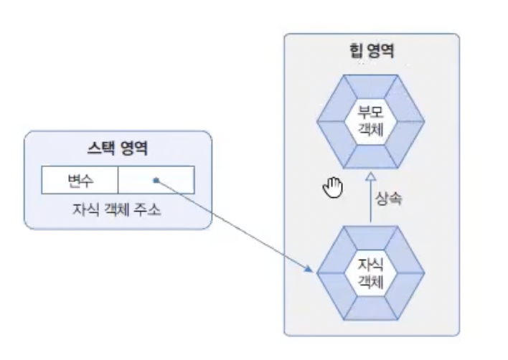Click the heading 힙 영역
click(x=370, y=52)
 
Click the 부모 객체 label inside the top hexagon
click(x=371, y=119)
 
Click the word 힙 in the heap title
click(x=353, y=52)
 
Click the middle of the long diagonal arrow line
click(x=233, y=224)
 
